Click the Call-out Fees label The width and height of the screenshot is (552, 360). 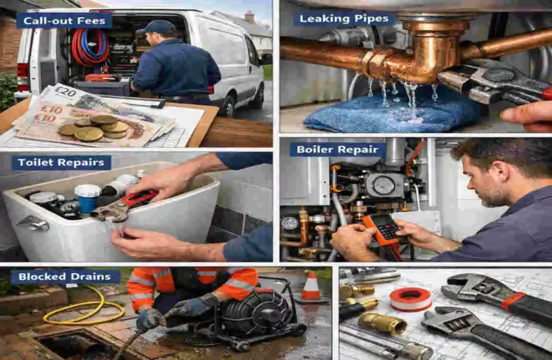pos(64,21)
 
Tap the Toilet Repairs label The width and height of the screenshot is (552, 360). pos(61,162)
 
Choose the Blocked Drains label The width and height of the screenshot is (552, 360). pos(65,276)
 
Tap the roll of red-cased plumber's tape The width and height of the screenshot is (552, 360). pos(411,298)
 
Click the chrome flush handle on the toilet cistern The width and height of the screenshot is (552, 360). pos(32,223)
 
